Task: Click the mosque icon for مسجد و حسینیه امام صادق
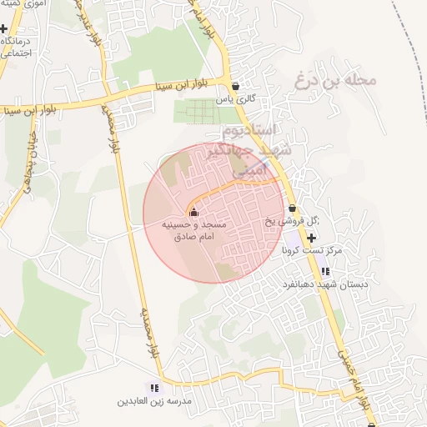193,212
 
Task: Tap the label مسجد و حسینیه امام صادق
193,231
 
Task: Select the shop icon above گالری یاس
236,86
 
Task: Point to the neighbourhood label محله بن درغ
336,81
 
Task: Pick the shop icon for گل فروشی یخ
292,208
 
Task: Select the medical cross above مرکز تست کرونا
312,237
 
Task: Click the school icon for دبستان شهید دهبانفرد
324,270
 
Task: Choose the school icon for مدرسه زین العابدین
153,388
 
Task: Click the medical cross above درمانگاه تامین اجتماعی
4,28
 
